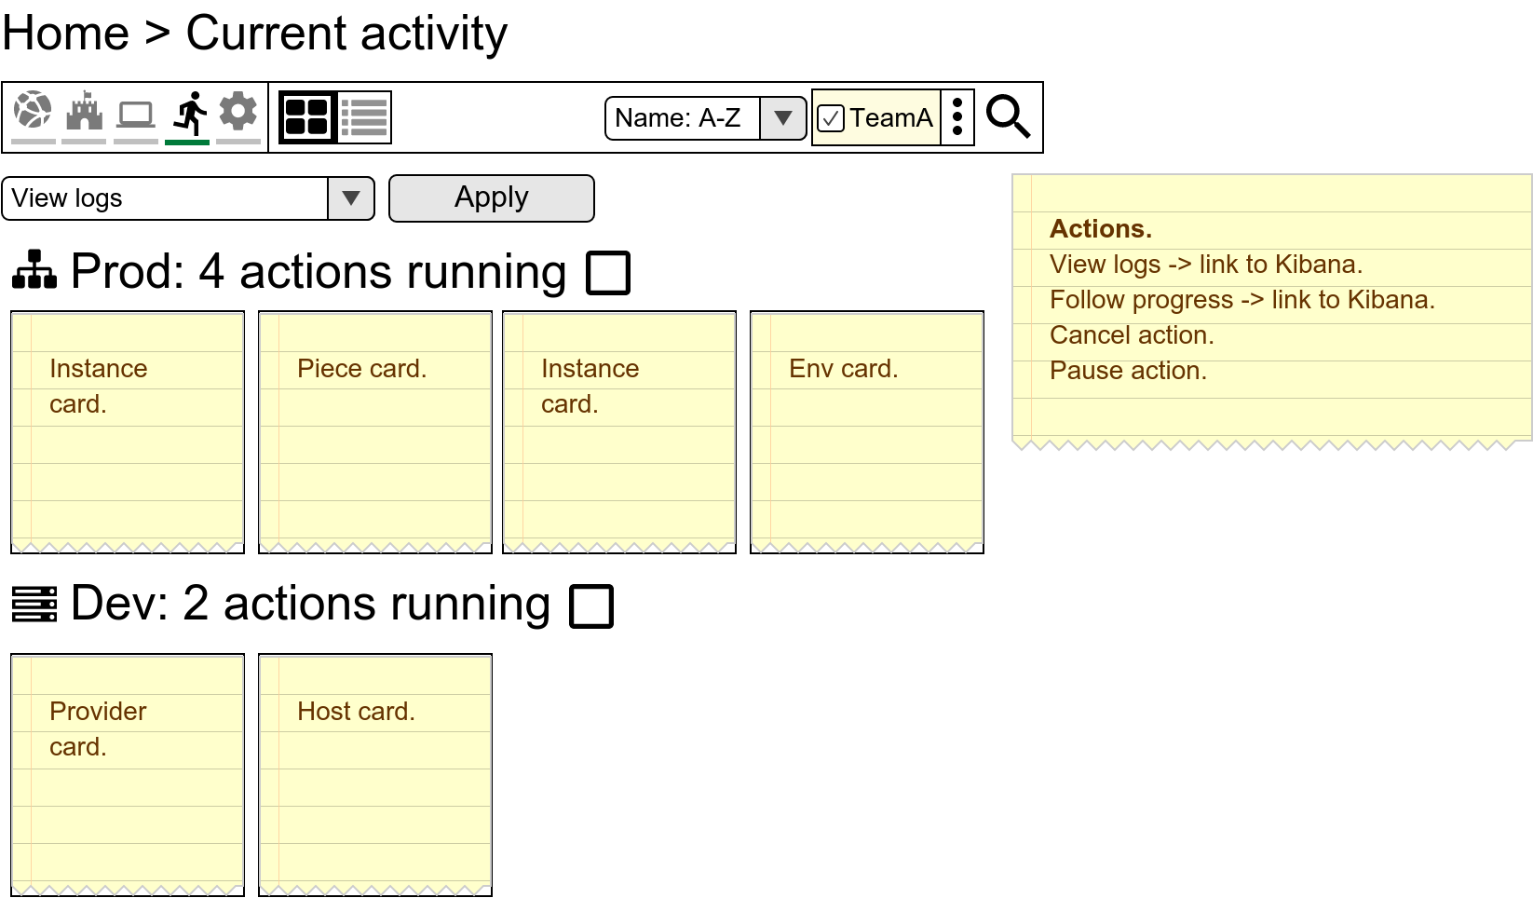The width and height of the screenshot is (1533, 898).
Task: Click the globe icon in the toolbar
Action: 34,111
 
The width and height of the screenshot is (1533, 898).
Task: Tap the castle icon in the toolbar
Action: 84,112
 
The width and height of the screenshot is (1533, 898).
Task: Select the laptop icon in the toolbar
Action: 136,115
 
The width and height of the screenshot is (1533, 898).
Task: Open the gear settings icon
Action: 238,111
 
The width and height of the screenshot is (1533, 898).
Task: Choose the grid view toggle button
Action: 307,117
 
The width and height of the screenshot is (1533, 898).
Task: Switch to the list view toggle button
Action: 364,117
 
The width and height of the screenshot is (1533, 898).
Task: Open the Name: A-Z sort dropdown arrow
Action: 783,118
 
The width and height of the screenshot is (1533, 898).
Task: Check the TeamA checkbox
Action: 831,118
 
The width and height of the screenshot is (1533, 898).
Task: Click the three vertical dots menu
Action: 957,117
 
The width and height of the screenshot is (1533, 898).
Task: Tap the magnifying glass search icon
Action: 1008,117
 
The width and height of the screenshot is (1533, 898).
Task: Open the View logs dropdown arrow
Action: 351,198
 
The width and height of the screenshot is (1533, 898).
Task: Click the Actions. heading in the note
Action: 1101,229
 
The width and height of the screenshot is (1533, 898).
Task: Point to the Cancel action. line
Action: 1132,335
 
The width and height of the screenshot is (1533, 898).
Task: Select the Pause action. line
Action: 1128,371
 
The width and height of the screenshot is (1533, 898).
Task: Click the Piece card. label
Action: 361,369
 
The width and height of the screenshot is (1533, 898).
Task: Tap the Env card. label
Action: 843,369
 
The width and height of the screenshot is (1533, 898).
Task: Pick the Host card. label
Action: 356,712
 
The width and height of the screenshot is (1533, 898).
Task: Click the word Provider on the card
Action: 98,712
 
